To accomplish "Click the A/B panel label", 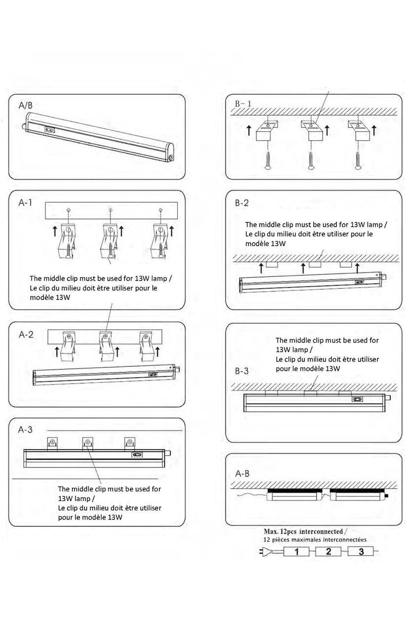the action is pyautogui.click(x=25, y=106).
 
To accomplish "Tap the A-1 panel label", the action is pyautogui.click(x=25, y=202).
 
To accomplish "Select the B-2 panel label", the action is pyautogui.click(x=242, y=203).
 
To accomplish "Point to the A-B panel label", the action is pyautogui.click(x=242, y=474).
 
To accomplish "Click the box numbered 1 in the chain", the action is pyautogui.click(x=296, y=552).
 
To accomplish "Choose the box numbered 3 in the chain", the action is pyautogui.click(x=361, y=552).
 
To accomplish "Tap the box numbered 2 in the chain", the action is pyautogui.click(x=328, y=552).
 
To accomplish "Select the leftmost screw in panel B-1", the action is pyautogui.click(x=267, y=161).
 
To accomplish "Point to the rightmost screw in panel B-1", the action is pyautogui.click(x=358, y=161).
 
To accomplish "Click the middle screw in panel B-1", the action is pyautogui.click(x=311, y=161).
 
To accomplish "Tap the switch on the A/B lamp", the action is pyautogui.click(x=49, y=130).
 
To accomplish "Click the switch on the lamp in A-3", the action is pyautogui.click(x=137, y=455).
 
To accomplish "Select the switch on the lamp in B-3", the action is pyautogui.click(x=357, y=399).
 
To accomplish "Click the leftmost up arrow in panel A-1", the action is pyautogui.click(x=55, y=231).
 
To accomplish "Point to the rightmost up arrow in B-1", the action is pyautogui.click(x=374, y=130).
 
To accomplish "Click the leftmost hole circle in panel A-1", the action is pyautogui.click(x=68, y=210).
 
